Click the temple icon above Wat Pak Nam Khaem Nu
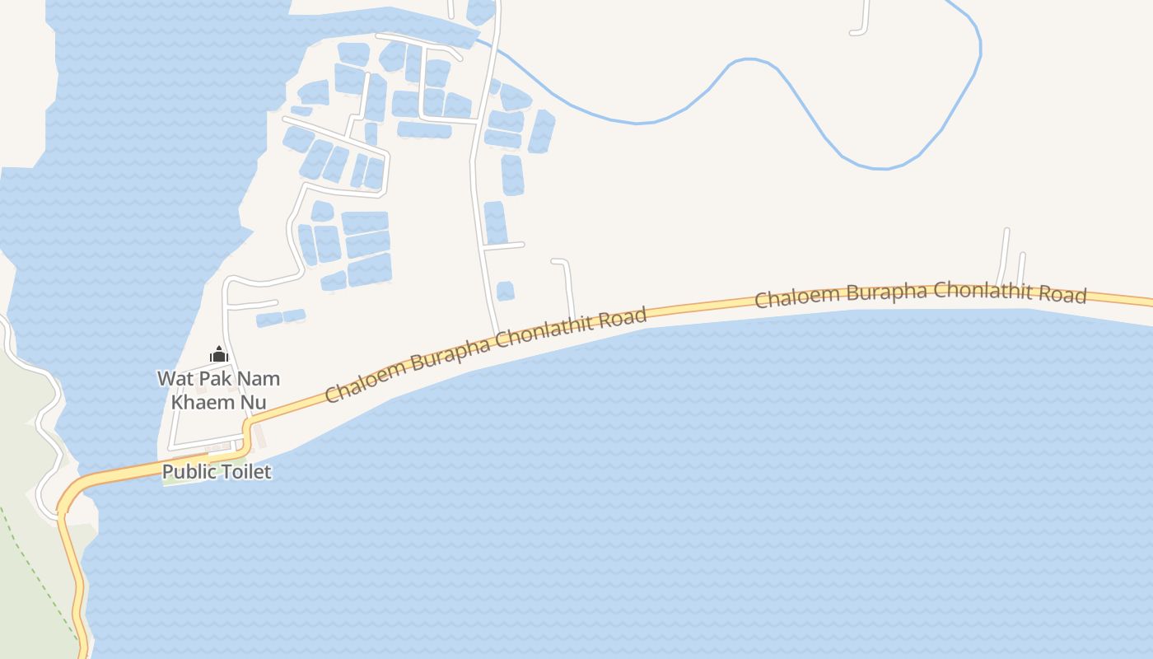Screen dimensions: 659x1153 pos(219,355)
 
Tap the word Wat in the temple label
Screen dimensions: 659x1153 pos(175,379)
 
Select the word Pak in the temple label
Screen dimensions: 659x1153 pos(214,379)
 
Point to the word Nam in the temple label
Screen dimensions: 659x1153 pos(258,379)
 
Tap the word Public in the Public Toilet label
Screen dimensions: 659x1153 pos(186,472)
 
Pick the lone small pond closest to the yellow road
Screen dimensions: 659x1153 pos(505,291)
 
